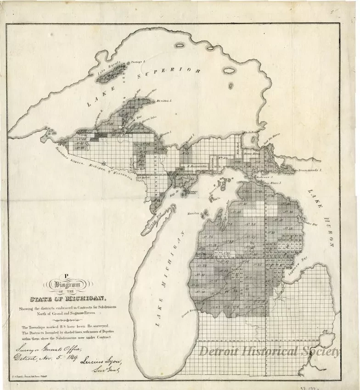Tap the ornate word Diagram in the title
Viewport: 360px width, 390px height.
click(x=67, y=285)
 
